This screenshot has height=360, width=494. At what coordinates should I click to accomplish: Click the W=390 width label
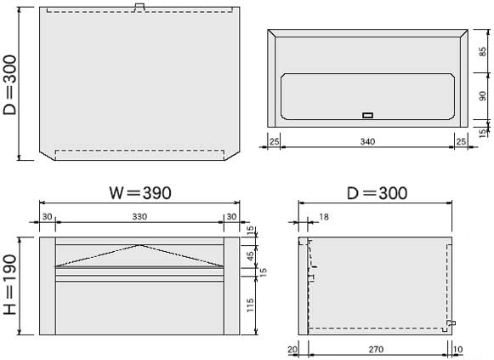click(x=140, y=193)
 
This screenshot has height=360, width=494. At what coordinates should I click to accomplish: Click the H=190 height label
click(x=9, y=284)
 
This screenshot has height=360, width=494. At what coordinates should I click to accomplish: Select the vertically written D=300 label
click(x=9, y=85)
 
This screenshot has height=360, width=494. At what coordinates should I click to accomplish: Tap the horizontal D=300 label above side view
click(x=377, y=193)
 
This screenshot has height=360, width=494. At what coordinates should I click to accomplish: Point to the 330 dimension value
click(x=139, y=216)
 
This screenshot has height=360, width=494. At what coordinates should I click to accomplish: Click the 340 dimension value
click(x=367, y=141)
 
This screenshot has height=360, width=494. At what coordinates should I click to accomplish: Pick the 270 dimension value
click(x=376, y=349)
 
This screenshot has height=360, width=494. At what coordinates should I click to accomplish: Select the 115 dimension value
click(x=250, y=306)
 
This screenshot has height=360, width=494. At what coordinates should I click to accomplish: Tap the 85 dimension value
click(x=482, y=51)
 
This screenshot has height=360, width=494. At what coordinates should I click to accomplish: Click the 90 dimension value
click(x=482, y=96)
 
